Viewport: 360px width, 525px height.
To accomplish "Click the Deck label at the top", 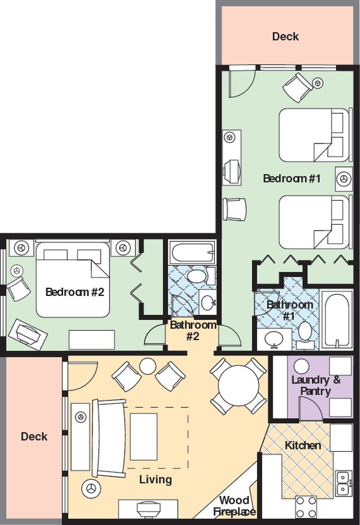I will pos(285,37).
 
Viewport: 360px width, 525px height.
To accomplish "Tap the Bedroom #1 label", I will pos(292,179).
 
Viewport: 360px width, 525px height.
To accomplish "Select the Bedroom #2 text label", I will pos(75,292).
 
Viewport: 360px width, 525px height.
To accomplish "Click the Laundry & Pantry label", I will pos(311,385).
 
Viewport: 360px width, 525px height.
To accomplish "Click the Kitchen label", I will pos(303,445).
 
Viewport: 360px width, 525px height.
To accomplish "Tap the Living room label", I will pos(155,479).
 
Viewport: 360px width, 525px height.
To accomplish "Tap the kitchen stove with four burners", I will pos(306,507).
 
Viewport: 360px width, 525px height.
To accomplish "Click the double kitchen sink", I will pos(343,483).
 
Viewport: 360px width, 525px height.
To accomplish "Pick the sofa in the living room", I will pos(110,438).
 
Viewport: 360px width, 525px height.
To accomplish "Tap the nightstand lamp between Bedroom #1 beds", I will pos(343,179).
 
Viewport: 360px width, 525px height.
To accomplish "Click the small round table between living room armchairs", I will pos(148,366).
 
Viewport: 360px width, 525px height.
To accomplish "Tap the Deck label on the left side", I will pos(34,437).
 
